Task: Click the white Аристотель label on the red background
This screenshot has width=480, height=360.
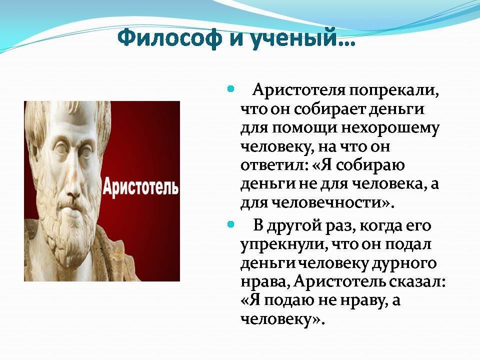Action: point(140,186)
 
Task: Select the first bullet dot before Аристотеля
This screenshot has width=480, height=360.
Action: point(231,89)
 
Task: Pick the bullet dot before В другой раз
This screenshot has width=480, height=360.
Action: point(231,225)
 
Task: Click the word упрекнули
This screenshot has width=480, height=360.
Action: point(281,245)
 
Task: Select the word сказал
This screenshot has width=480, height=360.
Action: point(417,282)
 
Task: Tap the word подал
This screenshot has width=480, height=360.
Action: point(407,244)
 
